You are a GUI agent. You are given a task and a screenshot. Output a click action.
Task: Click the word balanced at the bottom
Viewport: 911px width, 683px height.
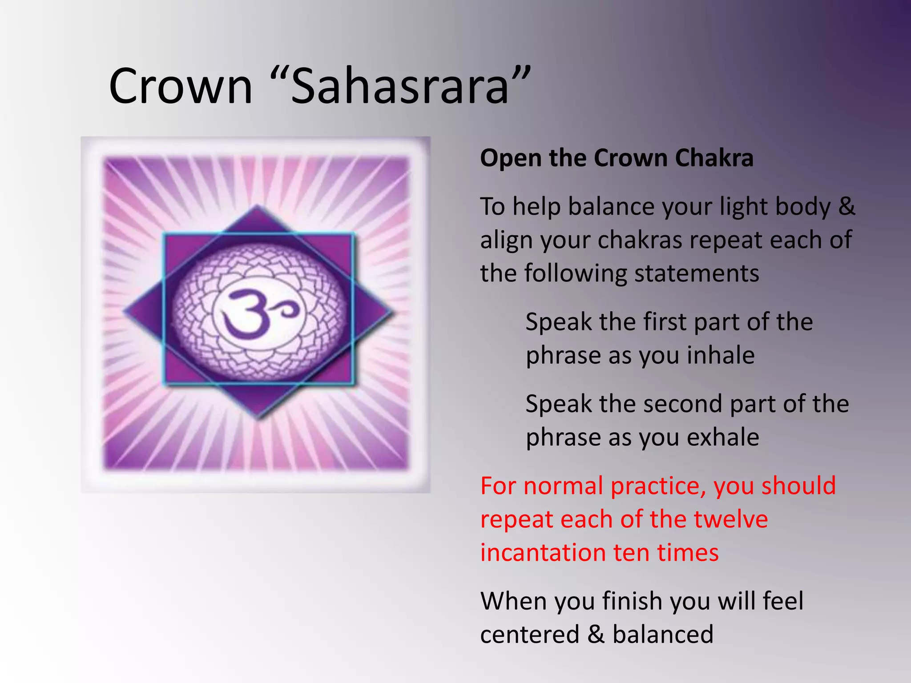coord(663,635)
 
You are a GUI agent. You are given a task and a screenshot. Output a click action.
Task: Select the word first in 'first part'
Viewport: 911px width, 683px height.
coord(667,322)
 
